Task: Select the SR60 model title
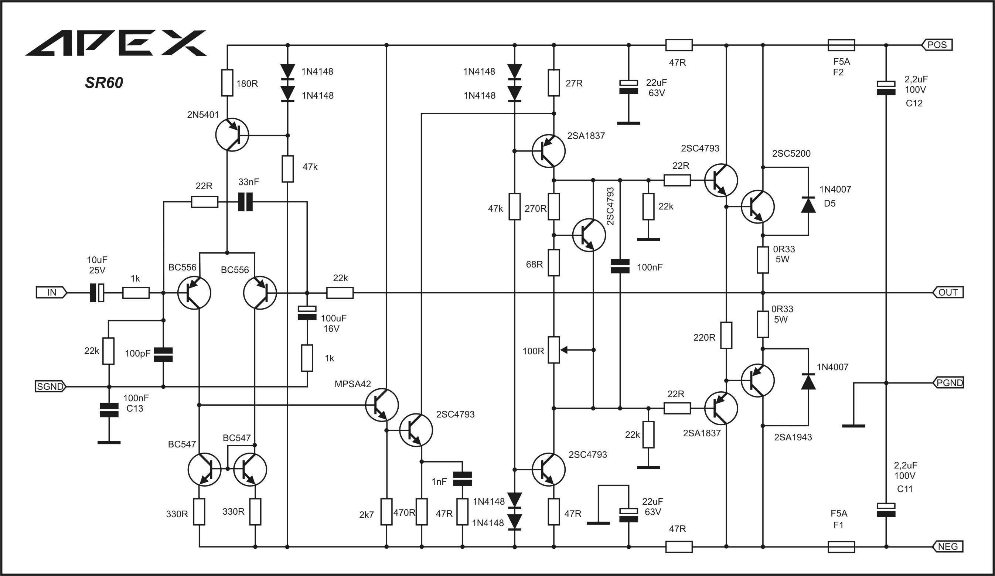[x=104, y=82]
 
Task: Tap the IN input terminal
[x=51, y=293]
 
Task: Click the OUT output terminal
[x=948, y=293]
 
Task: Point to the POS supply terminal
[x=937, y=45]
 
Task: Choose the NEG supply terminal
[x=948, y=546]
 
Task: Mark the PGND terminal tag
[x=948, y=382]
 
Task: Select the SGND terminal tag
[x=51, y=386]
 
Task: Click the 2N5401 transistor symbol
[x=232, y=134]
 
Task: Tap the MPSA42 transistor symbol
[x=382, y=405]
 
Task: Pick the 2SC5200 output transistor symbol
[x=758, y=207]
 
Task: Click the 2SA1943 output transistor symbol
[x=758, y=380]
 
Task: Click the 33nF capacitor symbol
[x=246, y=202]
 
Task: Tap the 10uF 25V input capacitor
[x=97, y=293]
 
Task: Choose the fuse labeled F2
[x=841, y=45]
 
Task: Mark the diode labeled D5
[x=808, y=205]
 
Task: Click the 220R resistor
[x=726, y=335]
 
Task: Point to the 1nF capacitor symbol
[x=462, y=478]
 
